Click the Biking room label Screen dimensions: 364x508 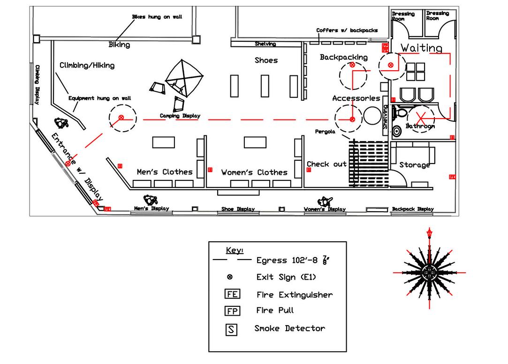(119, 45)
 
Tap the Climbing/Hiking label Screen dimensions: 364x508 (87, 66)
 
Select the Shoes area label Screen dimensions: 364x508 (266, 60)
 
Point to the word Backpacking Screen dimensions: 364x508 (343, 57)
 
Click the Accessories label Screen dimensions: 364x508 (356, 98)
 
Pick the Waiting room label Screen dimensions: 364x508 (421, 48)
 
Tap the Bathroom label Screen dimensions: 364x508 (420, 126)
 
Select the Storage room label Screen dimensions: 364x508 (415, 165)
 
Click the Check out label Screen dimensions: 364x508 (326, 164)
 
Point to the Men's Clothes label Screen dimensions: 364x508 (165, 172)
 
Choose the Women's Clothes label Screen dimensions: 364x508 (254, 172)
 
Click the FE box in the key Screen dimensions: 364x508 (232, 295)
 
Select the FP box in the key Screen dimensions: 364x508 (232, 311)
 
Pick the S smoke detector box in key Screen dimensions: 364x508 (232, 329)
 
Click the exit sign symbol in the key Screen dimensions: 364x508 (230, 277)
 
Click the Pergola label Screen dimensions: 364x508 (325, 132)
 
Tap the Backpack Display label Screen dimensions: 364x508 (413, 209)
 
